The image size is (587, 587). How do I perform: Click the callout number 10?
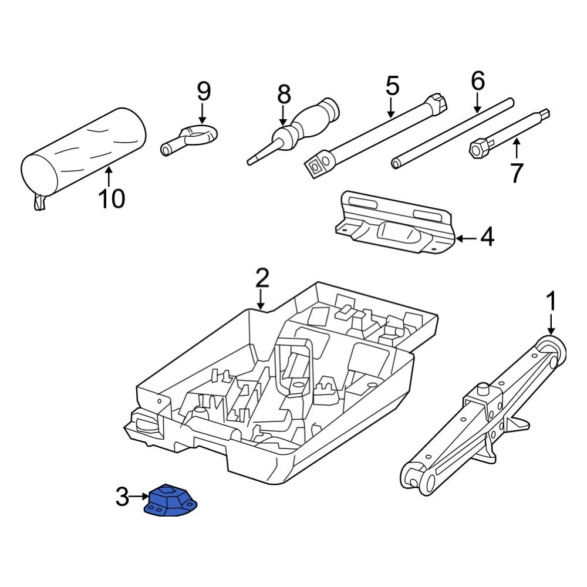point(111,198)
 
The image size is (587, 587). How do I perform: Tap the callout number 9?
point(203,91)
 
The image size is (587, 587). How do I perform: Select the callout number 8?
point(284,94)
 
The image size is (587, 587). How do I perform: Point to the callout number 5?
point(392,86)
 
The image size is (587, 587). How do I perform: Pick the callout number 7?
point(516,173)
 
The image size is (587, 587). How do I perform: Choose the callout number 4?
point(487,238)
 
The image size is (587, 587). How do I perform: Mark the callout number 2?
point(262,278)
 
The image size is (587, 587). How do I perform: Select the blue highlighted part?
point(171,502)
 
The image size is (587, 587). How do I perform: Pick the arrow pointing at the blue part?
point(139,497)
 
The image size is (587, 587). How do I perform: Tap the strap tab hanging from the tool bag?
point(39,202)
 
